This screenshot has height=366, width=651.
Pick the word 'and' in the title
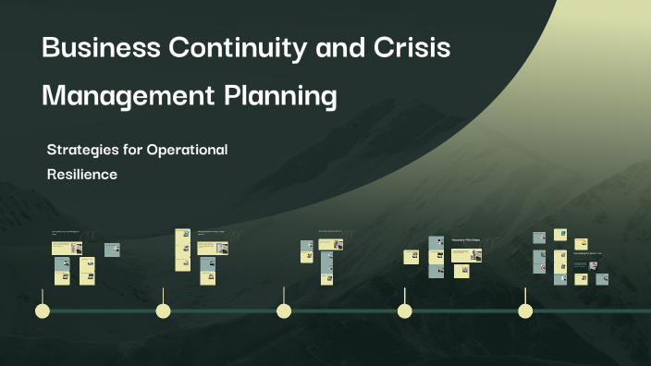coord(341,48)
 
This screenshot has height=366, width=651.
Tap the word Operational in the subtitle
coord(187,149)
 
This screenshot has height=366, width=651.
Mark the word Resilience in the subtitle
coord(81,174)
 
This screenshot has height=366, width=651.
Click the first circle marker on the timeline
coord(42,311)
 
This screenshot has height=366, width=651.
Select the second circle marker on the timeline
coord(163,311)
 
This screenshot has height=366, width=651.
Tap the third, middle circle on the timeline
coord(284,311)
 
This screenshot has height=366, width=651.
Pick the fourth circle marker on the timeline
coord(404,311)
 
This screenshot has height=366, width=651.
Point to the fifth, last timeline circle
coord(525,311)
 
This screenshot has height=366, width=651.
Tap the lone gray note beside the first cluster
coord(112,249)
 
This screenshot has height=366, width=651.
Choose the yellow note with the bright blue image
coord(560,235)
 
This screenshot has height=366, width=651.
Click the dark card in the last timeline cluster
coord(581,265)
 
